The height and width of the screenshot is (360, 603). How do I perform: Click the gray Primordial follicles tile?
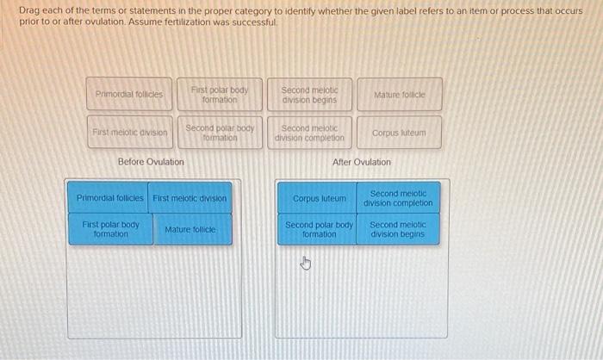click(x=129, y=94)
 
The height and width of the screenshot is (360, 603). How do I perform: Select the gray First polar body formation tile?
click(x=219, y=94)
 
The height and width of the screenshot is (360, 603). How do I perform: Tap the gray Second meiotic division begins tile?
click(x=309, y=94)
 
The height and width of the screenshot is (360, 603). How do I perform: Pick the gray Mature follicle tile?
click(x=399, y=94)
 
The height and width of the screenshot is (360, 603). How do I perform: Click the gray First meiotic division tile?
click(x=129, y=133)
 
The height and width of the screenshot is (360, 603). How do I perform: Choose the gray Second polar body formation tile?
click(x=219, y=133)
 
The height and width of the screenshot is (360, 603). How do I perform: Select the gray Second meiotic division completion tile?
click(x=309, y=133)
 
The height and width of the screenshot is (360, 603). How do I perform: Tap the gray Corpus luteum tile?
click(x=399, y=133)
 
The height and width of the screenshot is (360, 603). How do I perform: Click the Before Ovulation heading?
click(x=151, y=162)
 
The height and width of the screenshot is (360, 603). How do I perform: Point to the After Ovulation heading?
click(x=362, y=162)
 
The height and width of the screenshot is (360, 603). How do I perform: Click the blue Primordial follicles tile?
click(x=110, y=198)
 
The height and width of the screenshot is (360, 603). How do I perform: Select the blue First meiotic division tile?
click(x=190, y=198)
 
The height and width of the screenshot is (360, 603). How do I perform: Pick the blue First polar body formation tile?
click(x=110, y=230)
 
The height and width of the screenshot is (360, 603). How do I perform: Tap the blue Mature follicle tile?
click(x=190, y=230)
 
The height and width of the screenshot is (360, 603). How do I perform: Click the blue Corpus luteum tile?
click(x=319, y=198)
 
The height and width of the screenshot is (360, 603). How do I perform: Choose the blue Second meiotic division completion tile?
click(x=398, y=198)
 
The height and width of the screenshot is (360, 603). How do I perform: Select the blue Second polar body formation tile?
click(x=319, y=230)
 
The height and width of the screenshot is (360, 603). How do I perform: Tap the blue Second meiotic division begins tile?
click(x=398, y=230)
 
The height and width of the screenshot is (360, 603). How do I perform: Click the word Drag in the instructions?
click(x=28, y=9)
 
